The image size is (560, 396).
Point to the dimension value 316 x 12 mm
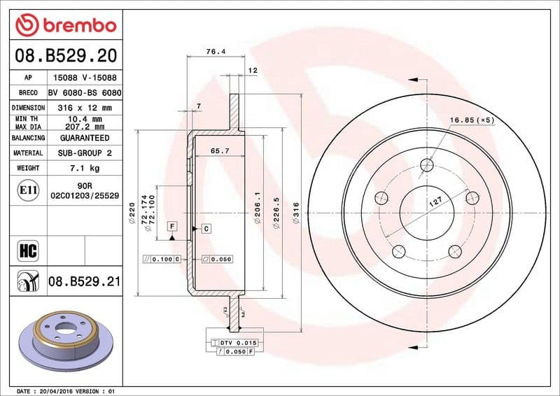pyautogui.click(x=85, y=108)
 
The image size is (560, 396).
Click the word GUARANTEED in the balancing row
pyautogui.click(x=85, y=138)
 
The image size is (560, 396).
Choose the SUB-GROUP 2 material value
pyautogui.click(x=85, y=153)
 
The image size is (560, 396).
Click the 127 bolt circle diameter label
pyautogui.click(x=435, y=204)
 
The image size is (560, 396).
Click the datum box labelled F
pyautogui.click(x=172, y=226)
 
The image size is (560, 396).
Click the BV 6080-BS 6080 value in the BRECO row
pyautogui.click(x=85, y=93)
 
